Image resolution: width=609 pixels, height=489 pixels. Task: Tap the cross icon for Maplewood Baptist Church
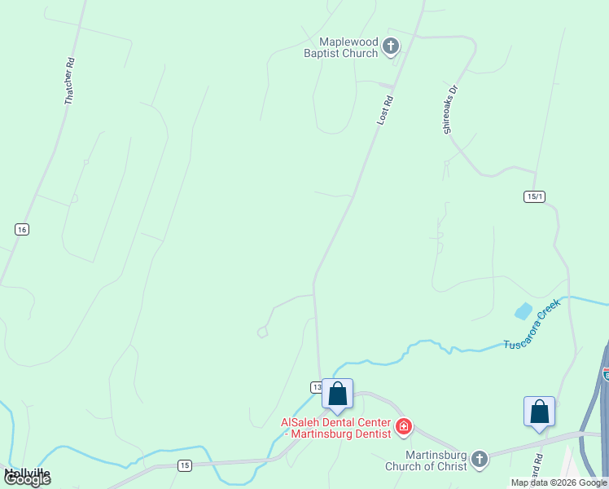coord(391,46)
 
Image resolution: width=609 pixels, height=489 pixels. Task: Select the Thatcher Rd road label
coord(70,80)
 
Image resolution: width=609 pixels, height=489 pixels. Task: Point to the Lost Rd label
coord(385,110)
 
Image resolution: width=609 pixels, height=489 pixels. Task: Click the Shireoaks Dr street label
coord(452,108)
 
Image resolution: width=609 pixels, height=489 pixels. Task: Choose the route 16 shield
coord(22,230)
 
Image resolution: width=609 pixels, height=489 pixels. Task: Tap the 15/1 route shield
coord(534,196)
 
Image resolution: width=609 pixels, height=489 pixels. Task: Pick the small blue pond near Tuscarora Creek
coord(523,311)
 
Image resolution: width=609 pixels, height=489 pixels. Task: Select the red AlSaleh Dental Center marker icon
coord(403,425)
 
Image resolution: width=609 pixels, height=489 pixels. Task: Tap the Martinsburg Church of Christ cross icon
coord(480,459)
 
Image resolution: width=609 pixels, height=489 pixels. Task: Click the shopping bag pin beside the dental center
coord(338,395)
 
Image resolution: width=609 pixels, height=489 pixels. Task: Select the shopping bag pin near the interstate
coord(539,412)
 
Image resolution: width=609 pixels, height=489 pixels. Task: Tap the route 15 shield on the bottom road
coord(186,465)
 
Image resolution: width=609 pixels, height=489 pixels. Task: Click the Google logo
coord(27,479)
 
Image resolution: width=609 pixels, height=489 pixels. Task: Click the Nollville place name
coord(27,472)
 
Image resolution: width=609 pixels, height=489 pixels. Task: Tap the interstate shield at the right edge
coord(606,373)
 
